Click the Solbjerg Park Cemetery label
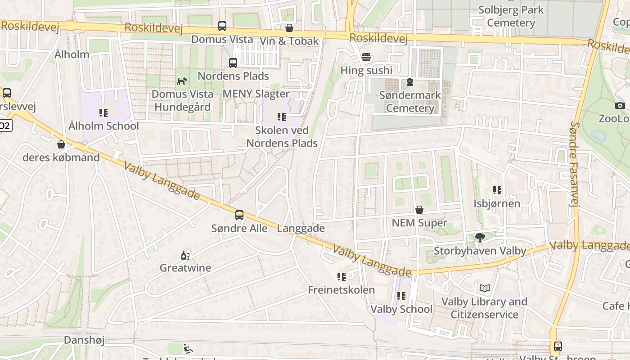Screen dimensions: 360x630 511,16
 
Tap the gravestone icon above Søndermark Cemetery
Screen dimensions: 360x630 410,82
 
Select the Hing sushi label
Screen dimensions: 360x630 366,70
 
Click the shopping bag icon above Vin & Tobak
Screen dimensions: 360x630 289,28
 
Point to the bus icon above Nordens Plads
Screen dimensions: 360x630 233,63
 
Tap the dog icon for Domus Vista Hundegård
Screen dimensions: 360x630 182,81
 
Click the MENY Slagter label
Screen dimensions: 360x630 256,94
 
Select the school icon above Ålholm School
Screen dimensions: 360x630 103,113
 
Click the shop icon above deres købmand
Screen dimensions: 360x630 61,144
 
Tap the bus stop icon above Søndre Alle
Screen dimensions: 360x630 239,215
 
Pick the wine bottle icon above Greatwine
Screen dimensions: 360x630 185,255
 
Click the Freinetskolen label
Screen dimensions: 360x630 341,290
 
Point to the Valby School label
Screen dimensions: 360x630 401,309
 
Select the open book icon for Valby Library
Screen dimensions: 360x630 485,288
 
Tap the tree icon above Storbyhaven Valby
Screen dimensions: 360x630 480,238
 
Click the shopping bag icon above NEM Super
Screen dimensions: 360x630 419,210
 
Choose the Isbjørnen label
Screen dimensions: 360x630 497,203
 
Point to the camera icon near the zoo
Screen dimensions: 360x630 620,105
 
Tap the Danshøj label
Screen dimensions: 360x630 84,340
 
